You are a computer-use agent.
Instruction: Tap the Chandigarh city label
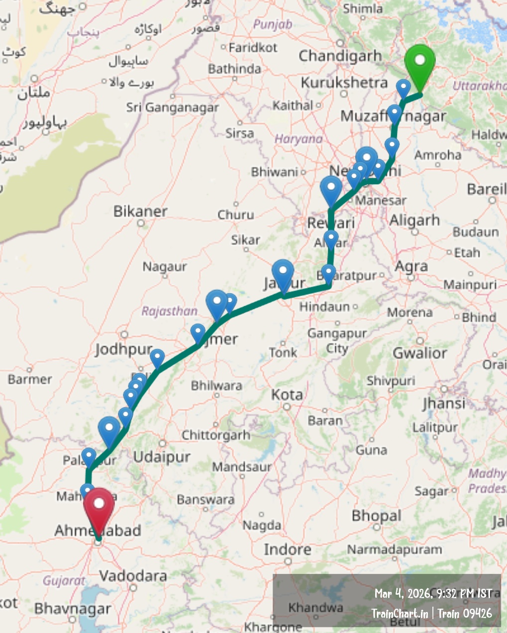[340, 56]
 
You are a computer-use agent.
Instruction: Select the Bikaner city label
[140, 211]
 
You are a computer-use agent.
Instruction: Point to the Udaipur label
[162, 457]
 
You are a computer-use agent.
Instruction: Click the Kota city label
[287, 395]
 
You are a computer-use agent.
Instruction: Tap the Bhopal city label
[376, 516]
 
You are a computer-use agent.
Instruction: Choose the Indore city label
[288, 550]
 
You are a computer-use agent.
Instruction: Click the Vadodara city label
[133, 576]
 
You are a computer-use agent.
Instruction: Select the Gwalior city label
[420, 353]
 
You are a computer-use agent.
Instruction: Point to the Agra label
[411, 267]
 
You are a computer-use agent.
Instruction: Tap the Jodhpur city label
[123, 349]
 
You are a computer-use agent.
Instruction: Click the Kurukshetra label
[344, 82]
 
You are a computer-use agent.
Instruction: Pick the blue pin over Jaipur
[283, 274]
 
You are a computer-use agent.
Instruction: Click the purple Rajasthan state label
[169, 312]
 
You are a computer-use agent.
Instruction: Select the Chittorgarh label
[216, 435]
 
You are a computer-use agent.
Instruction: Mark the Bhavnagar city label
[73, 609]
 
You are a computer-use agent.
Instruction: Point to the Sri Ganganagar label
[172, 107]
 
